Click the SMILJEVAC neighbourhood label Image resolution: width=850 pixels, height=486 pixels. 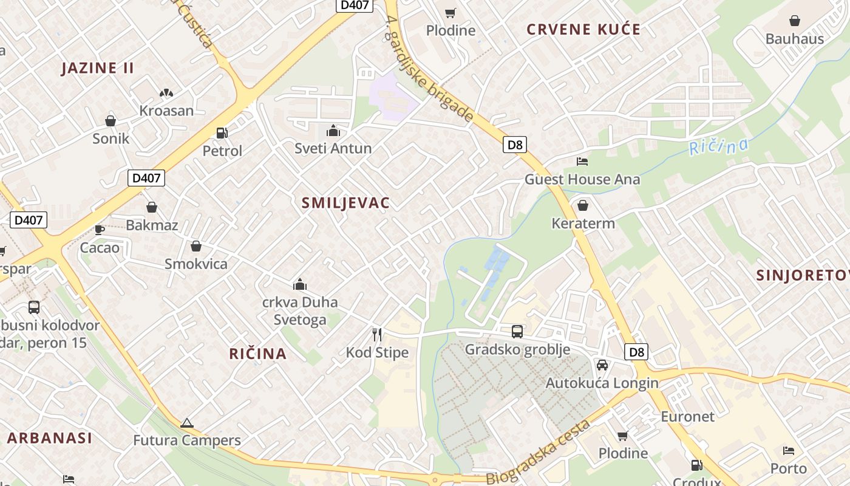pos(345,203)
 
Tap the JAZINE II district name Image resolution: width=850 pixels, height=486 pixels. pos(97,68)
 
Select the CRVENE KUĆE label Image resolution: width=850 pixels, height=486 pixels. pos(583,30)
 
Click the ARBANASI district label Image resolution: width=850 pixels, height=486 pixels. pos(50,438)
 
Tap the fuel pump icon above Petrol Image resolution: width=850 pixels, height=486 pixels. pos(222,133)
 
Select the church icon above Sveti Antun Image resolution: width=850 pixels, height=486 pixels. pos(333,131)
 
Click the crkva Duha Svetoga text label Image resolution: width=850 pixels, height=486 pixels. pos(299,310)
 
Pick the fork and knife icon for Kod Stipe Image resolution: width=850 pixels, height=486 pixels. pos(377,334)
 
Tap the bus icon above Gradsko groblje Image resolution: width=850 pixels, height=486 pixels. pos(517,332)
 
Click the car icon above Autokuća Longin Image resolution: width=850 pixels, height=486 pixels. pos(602,365)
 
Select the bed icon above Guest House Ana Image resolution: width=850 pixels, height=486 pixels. pos(582,162)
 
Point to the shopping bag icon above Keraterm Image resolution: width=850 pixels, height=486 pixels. pos(583,205)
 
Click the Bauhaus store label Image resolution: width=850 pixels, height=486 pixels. pos(795,39)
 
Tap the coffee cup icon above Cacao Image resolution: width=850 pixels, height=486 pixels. pos(100,230)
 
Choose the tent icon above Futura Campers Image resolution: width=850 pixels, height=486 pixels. pos(187,423)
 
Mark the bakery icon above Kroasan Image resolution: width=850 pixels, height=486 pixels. pos(166,93)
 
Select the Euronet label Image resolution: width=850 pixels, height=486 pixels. pos(687,417)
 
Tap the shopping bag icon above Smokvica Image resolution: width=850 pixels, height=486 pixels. pos(196,246)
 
